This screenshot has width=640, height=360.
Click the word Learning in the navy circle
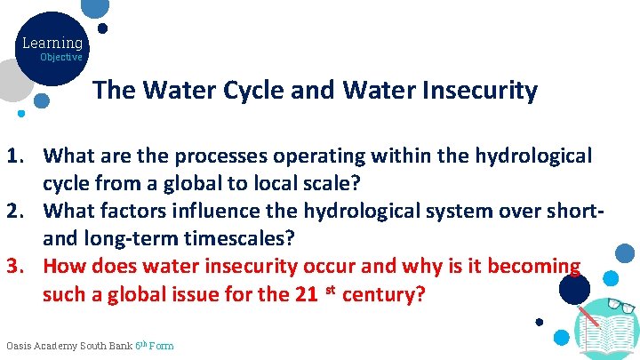click(52, 43)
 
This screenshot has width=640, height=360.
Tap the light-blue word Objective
click(61, 57)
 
